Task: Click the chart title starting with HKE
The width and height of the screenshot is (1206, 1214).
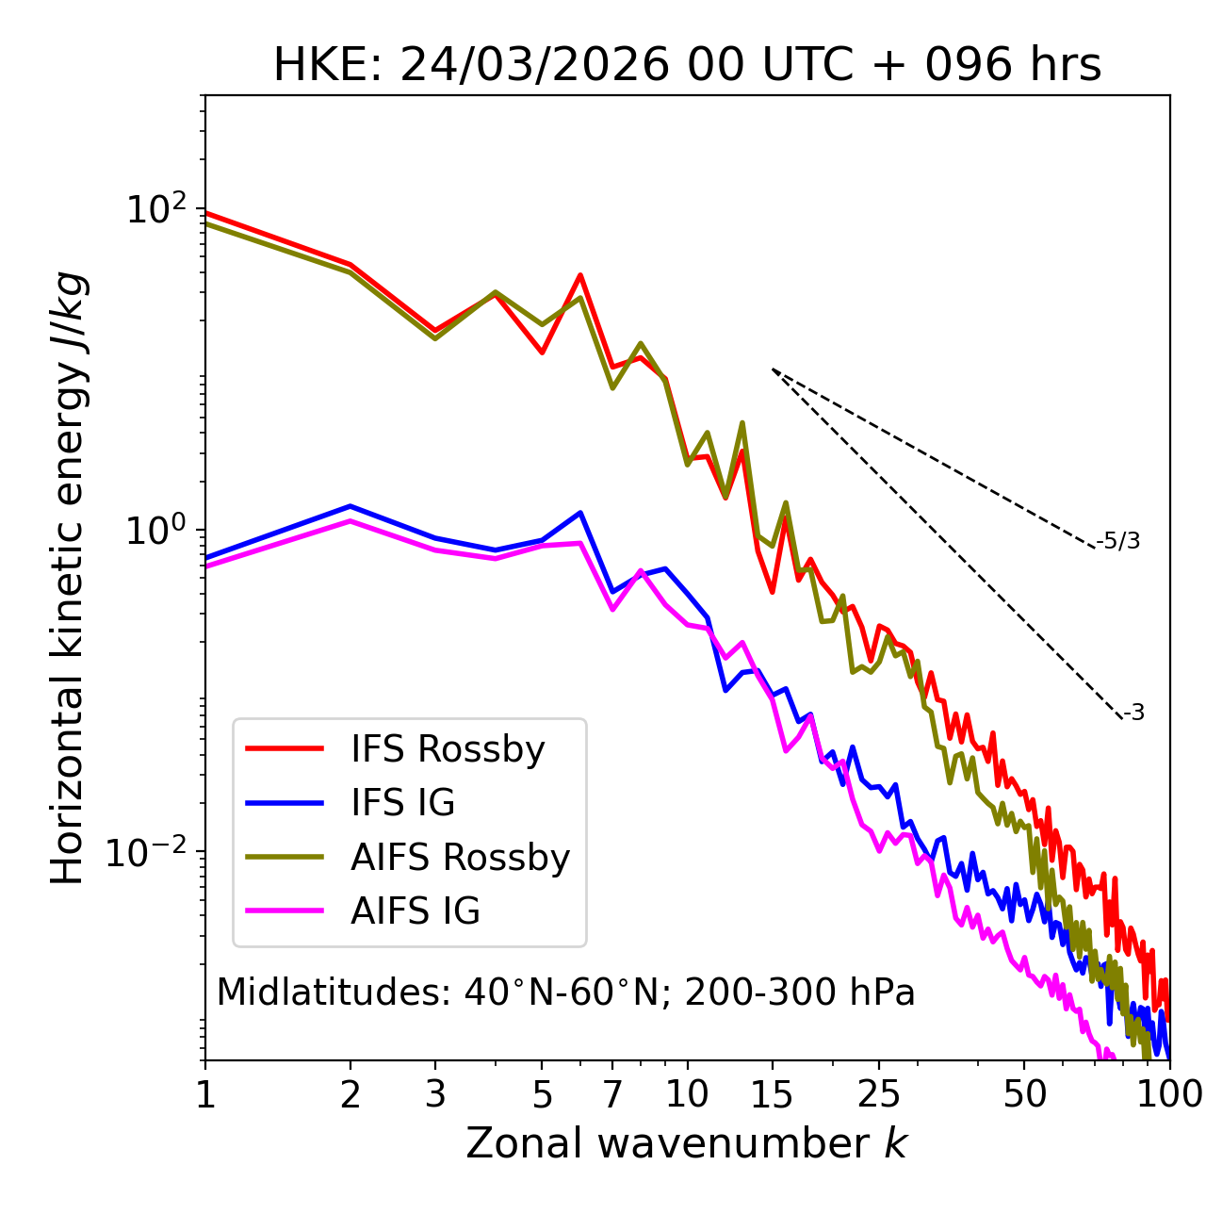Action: click(687, 66)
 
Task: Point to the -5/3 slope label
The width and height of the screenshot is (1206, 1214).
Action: click(1118, 541)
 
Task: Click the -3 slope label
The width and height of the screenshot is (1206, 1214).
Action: click(1133, 714)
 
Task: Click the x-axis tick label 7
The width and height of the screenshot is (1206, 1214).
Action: click(612, 1095)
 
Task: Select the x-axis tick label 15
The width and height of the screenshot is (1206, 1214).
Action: click(773, 1095)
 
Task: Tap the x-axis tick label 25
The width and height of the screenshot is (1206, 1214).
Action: click(879, 1095)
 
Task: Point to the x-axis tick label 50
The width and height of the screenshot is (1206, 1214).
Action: click(1024, 1095)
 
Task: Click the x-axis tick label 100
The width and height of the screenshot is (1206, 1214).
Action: click(1169, 1095)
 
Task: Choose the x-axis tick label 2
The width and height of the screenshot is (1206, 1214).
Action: click(350, 1095)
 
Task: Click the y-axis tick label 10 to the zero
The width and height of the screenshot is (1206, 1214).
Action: click(155, 530)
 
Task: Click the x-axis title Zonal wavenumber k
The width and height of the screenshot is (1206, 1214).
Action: click(687, 1143)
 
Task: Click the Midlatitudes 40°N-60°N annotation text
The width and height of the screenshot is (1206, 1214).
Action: click(565, 993)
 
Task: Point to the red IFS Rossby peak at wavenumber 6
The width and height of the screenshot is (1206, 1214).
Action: click(580, 275)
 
